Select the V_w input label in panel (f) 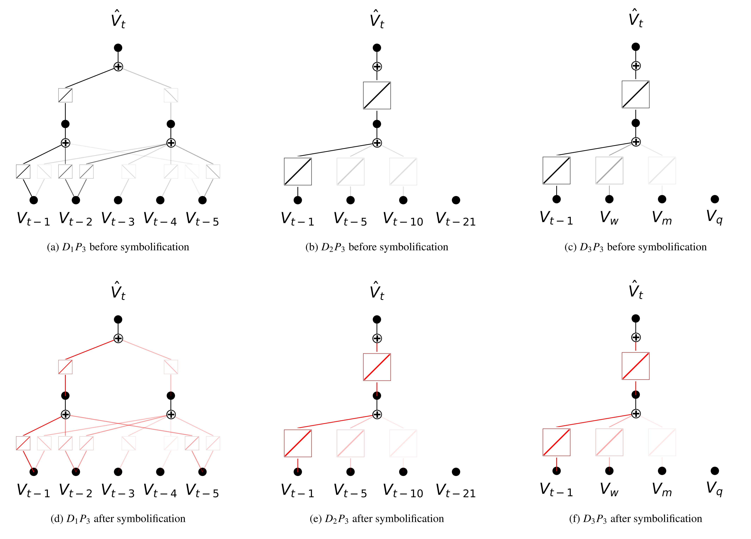tap(609, 489)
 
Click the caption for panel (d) tap(118, 518)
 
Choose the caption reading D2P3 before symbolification tap(377, 247)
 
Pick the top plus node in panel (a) tap(118, 67)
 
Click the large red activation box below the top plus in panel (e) tap(377, 367)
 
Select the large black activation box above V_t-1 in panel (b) tap(298, 172)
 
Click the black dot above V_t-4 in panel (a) tap(160, 200)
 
